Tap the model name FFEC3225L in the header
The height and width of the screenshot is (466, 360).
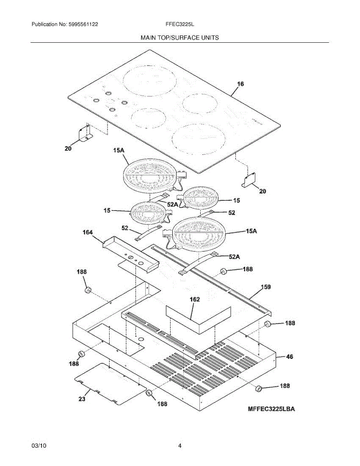tap(179, 24)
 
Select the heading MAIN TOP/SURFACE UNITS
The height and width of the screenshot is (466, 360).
tap(179, 38)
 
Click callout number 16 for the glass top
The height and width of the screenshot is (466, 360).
tap(240, 84)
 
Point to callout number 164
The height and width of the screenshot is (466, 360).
tap(87, 233)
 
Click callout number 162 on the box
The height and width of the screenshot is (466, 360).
tap(195, 299)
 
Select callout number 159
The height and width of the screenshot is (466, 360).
tap(266, 287)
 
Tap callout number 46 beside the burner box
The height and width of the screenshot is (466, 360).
tap(290, 356)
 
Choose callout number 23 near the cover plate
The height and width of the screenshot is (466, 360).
tap(82, 399)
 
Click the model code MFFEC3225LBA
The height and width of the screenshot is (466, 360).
tap(271, 409)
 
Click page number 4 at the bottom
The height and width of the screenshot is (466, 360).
tap(179, 446)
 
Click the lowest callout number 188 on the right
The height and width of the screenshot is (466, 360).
tap(285, 386)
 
